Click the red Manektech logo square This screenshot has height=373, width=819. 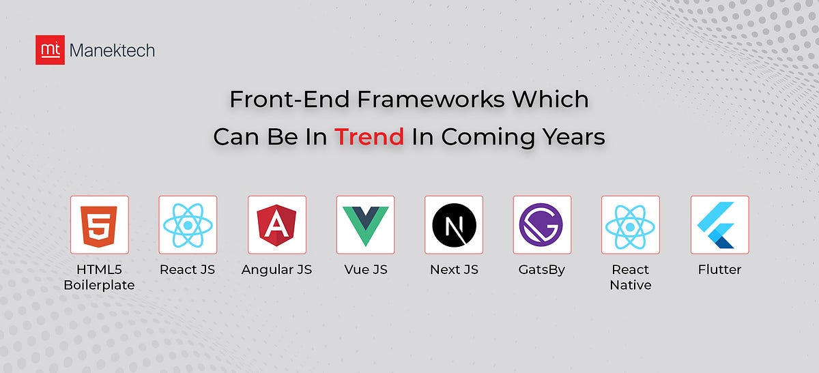click(x=50, y=50)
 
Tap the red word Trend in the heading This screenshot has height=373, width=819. click(x=369, y=137)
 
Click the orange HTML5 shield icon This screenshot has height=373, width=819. click(x=99, y=225)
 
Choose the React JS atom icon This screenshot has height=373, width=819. click(x=188, y=225)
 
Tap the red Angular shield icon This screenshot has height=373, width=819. click(x=276, y=225)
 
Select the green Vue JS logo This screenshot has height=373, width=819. click(x=365, y=225)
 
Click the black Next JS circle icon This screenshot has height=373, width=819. click(x=454, y=225)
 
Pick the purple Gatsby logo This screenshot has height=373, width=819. click(x=542, y=225)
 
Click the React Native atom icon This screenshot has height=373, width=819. click(x=631, y=225)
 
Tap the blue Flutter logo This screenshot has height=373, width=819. click(x=719, y=225)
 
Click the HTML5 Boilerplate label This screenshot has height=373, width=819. click(x=99, y=277)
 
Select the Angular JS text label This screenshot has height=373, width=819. click(x=276, y=269)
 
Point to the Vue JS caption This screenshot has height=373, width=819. click(x=365, y=269)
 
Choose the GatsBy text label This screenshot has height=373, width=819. click(x=542, y=269)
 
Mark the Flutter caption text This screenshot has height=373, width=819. click(x=719, y=269)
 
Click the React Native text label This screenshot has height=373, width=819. click(x=631, y=277)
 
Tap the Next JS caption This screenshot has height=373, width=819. click(x=454, y=269)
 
